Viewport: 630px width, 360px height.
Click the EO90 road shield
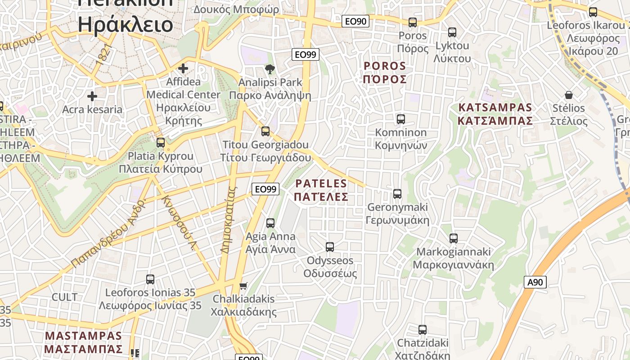click(355, 21)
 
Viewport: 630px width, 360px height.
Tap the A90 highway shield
click(535, 282)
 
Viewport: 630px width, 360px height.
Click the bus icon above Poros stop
click(412, 22)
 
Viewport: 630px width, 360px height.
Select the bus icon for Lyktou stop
click(452, 32)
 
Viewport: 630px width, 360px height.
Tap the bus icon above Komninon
click(400, 119)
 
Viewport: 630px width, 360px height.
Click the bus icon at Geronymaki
click(397, 194)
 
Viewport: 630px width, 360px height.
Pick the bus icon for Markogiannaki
click(453, 238)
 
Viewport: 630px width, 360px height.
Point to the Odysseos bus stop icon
click(330, 247)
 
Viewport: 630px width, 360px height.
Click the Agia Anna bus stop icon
click(270, 223)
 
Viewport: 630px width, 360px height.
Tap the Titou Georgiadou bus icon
click(265, 131)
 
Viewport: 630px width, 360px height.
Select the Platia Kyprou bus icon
click(161, 143)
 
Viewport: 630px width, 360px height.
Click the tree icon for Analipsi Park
click(270, 69)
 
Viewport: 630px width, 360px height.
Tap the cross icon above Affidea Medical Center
click(183, 68)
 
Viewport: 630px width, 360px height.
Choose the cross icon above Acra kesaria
click(92, 96)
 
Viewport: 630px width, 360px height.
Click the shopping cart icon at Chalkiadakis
click(243, 286)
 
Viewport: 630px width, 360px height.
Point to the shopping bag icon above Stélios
click(569, 95)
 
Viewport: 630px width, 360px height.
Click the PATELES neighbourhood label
click(321, 190)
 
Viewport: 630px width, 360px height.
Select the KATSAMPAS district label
click(495, 114)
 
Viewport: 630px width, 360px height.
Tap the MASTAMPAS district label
click(84, 342)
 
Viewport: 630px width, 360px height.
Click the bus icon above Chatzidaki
click(422, 330)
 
